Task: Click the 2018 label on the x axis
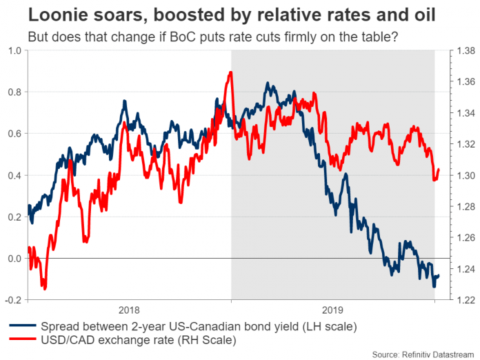[129, 310]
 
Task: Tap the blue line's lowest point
[433, 286]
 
